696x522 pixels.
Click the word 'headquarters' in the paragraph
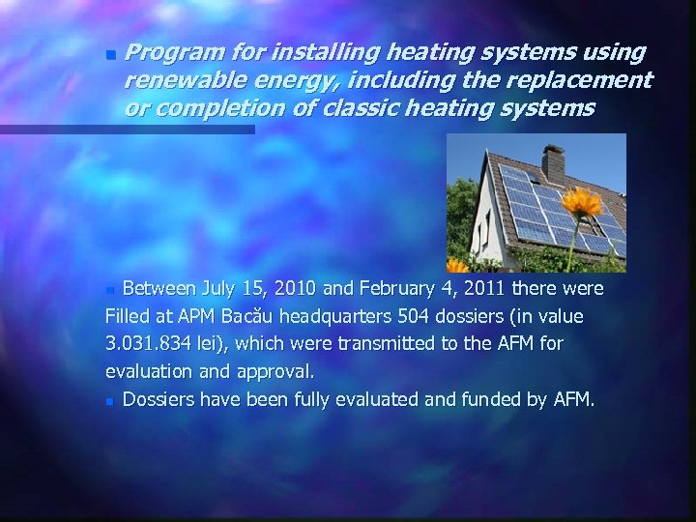[338, 316]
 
